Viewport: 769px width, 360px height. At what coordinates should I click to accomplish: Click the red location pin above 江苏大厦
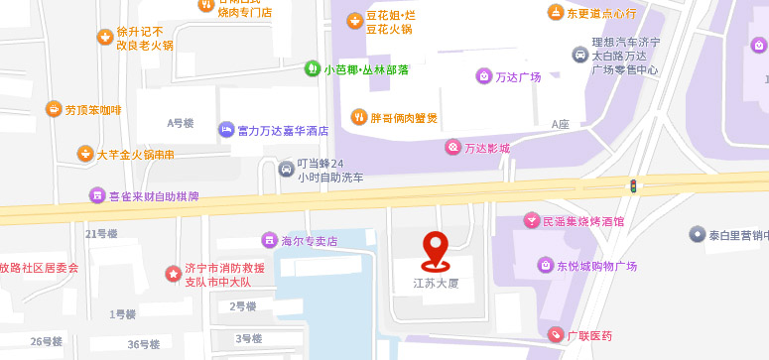[x=435, y=249]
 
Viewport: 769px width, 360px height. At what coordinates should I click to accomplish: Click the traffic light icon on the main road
[x=632, y=185]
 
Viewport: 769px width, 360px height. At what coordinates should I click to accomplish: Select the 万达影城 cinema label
[x=485, y=148]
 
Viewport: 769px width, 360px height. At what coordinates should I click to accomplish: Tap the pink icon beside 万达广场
[x=483, y=76]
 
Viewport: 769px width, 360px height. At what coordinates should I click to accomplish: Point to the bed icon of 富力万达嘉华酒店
[x=226, y=130]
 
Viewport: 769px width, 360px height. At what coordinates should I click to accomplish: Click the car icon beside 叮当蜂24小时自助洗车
[x=287, y=170]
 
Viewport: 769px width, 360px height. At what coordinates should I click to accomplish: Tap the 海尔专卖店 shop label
[x=310, y=241]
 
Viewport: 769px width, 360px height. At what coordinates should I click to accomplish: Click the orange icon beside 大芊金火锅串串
[x=86, y=154]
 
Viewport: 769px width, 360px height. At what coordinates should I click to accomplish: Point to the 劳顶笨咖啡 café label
[x=93, y=110]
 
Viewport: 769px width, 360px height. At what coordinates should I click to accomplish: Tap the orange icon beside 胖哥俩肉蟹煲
[x=359, y=118]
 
